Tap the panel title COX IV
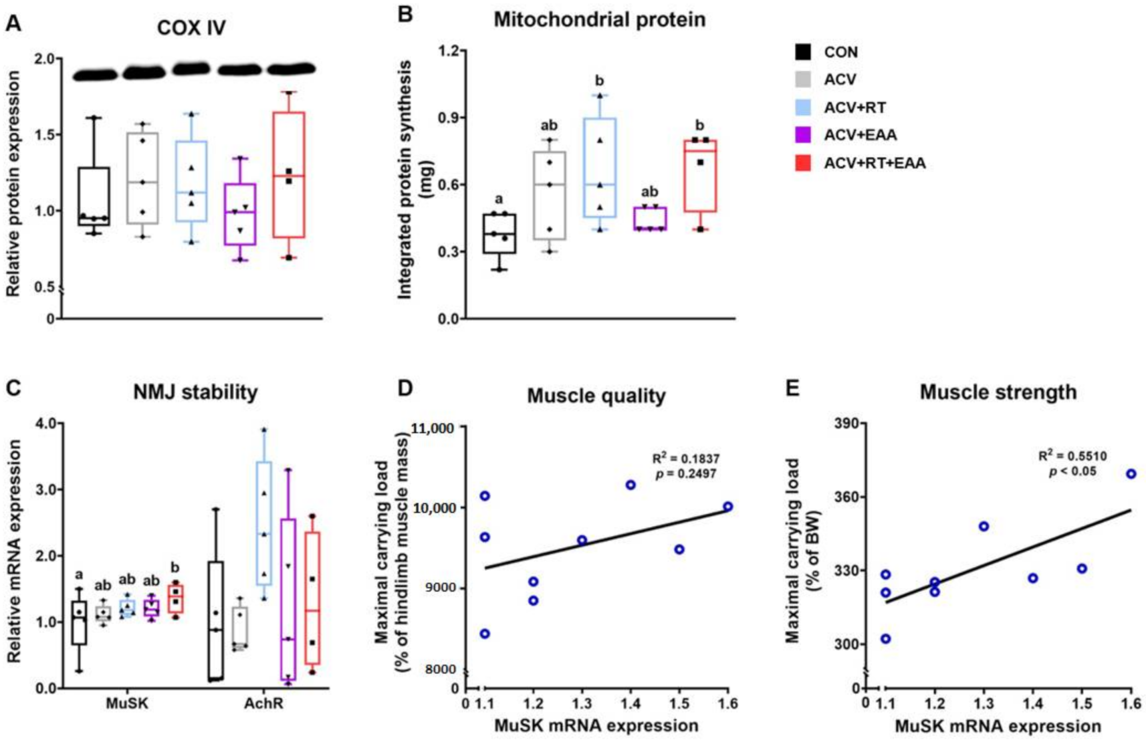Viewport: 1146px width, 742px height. click(191, 28)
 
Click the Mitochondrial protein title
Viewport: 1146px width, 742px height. click(599, 20)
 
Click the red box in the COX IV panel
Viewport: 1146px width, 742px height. click(289, 174)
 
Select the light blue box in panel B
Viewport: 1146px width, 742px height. click(600, 167)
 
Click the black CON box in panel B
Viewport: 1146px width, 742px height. click(499, 233)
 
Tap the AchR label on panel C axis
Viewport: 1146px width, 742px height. click(264, 703)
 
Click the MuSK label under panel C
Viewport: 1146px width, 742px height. click(127, 703)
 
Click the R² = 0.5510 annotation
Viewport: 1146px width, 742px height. click(1072, 456)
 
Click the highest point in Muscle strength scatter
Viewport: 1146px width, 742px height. click(1131, 474)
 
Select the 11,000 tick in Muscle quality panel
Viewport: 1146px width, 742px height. click(433, 428)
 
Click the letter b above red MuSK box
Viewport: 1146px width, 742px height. click(175, 568)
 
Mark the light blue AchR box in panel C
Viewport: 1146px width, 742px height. click(264, 523)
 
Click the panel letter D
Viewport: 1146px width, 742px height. click(405, 388)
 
